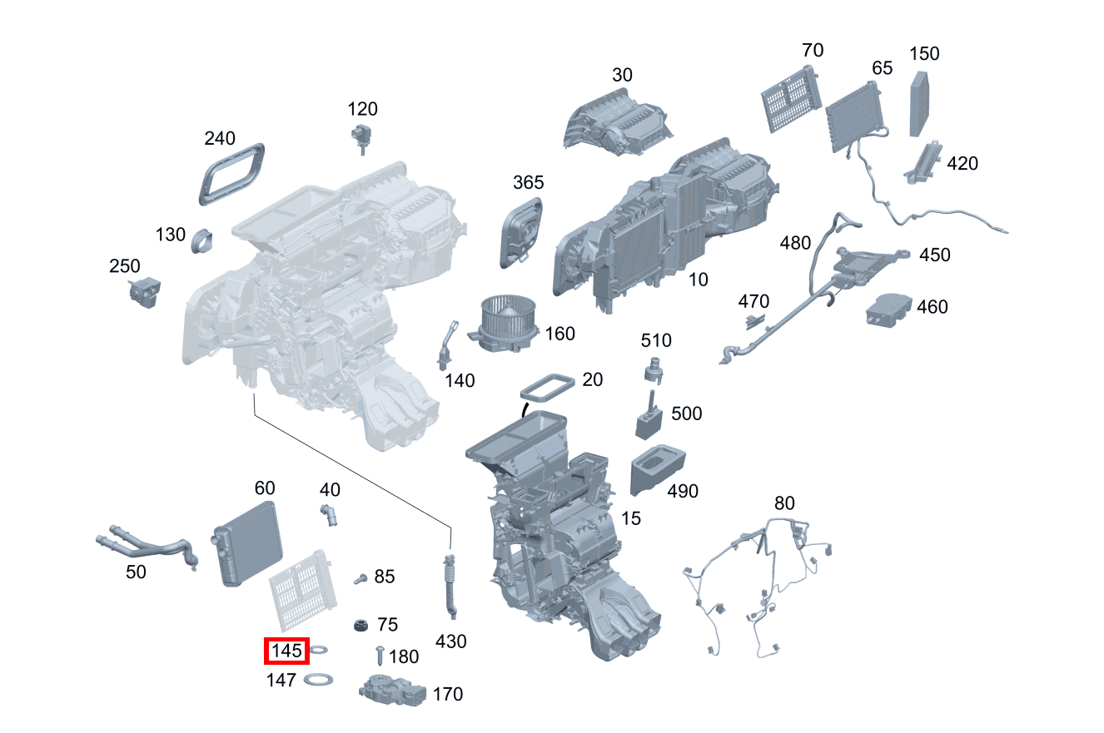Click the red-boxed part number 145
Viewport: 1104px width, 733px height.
(286, 651)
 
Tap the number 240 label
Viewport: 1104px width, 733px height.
(220, 138)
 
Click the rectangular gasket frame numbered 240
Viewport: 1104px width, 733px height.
(232, 172)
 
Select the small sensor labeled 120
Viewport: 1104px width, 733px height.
(361, 136)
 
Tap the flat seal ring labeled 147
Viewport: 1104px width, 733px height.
(317, 680)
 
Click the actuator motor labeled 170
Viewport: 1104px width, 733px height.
(392, 690)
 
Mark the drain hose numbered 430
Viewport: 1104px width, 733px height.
(451, 587)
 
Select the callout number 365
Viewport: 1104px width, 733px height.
(528, 182)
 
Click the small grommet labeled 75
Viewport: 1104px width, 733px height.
(361, 626)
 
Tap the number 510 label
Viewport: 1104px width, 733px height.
(656, 340)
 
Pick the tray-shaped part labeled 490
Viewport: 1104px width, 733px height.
(658, 469)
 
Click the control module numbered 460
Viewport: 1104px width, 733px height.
(887, 311)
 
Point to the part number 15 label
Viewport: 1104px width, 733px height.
(631, 518)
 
